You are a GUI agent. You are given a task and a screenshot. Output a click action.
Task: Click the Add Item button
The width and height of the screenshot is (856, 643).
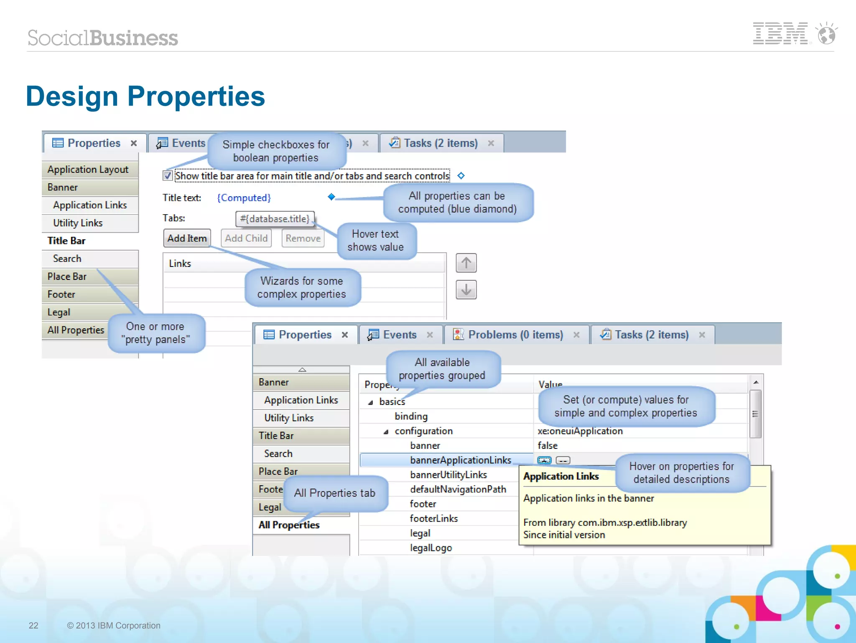tap(187, 238)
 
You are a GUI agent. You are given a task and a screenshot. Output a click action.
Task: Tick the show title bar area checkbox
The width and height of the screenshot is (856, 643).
tap(168, 176)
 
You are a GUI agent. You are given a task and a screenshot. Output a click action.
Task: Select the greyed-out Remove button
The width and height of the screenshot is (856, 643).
tap(303, 238)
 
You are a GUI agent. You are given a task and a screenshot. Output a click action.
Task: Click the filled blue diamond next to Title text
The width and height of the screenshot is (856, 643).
tap(331, 197)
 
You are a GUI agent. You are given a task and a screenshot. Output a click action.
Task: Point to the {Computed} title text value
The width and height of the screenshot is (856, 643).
tap(244, 197)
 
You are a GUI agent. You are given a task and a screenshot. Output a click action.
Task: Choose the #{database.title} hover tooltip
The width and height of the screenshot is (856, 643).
tap(275, 219)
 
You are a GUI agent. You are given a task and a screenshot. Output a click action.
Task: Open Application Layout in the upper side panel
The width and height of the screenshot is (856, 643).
tap(88, 169)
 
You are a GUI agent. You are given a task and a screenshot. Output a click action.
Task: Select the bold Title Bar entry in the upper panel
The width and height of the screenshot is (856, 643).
tap(66, 241)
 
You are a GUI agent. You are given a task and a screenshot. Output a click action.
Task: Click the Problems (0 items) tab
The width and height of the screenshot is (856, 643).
tap(515, 335)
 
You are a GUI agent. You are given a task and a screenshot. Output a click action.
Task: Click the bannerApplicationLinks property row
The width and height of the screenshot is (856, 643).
tap(460, 460)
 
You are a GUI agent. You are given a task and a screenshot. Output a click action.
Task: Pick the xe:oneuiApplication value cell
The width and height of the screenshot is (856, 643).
tap(580, 431)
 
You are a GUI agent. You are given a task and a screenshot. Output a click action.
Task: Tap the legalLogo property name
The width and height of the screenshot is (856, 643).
tap(431, 548)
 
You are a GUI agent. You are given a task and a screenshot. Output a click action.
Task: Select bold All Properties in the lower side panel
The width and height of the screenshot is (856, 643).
tap(289, 525)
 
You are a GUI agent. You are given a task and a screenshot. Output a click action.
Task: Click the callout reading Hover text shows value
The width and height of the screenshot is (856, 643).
tap(375, 241)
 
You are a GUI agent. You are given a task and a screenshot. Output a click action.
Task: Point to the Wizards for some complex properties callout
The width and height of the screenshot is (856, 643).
tap(302, 287)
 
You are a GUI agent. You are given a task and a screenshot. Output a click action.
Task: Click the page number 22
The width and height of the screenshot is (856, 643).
tap(33, 625)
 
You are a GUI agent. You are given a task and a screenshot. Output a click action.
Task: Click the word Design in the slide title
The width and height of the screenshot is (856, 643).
tap(72, 96)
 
